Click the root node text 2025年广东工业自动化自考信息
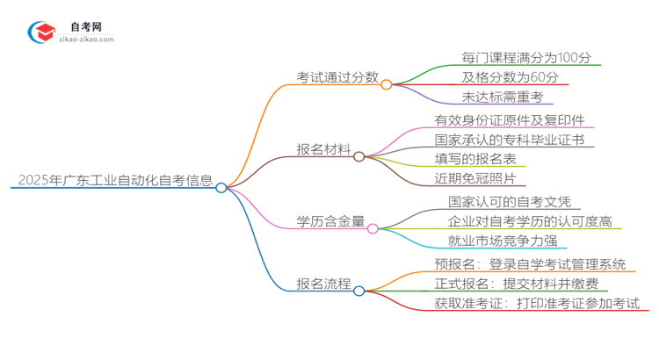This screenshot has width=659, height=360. coord(115,181)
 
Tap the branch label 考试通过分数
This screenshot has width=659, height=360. coord(338,77)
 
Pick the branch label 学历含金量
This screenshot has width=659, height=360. coord(331,221)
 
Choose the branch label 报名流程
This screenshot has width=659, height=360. coord(324,284)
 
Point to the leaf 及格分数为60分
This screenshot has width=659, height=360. coord(507,77)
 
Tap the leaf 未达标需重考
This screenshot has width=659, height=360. coord(502,97)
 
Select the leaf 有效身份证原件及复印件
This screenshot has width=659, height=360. coord(510,120)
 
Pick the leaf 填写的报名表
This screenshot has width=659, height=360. coord(481,159)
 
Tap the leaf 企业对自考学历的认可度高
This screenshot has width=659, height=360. coord(530,221)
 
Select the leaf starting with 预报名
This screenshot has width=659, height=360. coord(530,263)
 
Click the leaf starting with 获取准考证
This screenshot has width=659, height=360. coord(536,303)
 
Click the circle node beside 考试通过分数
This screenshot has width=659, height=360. coord(387,84)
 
